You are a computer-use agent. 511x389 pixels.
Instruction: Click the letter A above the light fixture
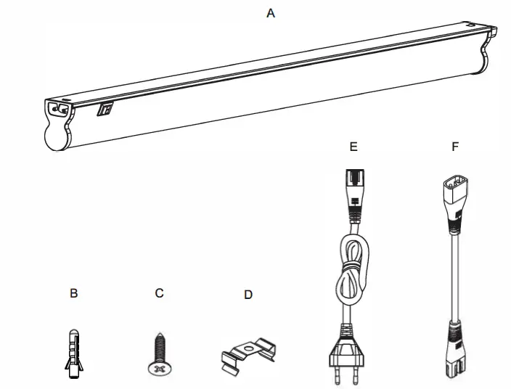point(271,13)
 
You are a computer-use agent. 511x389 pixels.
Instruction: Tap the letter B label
point(73,294)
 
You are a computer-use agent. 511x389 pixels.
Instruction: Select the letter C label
point(160,293)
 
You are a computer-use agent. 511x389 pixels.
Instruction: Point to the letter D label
point(248,295)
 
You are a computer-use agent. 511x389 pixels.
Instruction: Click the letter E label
point(353,147)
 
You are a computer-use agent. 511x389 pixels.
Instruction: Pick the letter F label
point(455,147)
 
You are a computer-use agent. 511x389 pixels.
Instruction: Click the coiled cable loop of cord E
point(353,272)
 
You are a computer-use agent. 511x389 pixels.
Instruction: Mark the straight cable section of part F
point(455,276)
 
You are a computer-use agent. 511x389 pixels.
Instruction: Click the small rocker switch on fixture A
point(105,110)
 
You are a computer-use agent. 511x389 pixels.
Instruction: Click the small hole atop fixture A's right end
point(473,24)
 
